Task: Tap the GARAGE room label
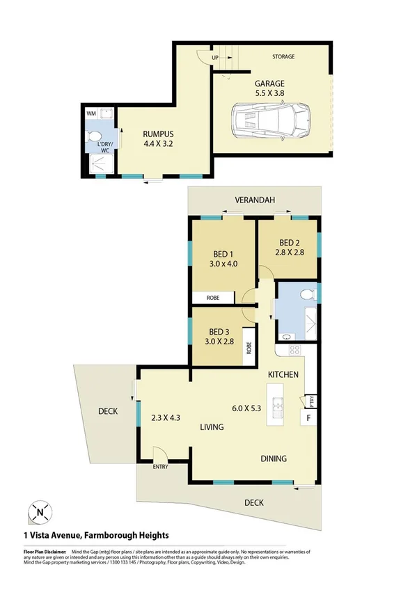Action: click(x=269, y=83)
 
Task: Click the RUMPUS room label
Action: click(x=158, y=134)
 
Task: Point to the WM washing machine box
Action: click(x=91, y=113)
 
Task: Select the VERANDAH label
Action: click(x=253, y=200)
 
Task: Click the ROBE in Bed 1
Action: click(x=212, y=298)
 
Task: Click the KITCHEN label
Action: click(x=283, y=374)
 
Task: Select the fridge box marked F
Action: click(x=307, y=418)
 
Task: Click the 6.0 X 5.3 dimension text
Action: click(x=246, y=409)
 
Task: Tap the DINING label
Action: click(x=272, y=459)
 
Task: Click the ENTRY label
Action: click(x=161, y=466)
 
